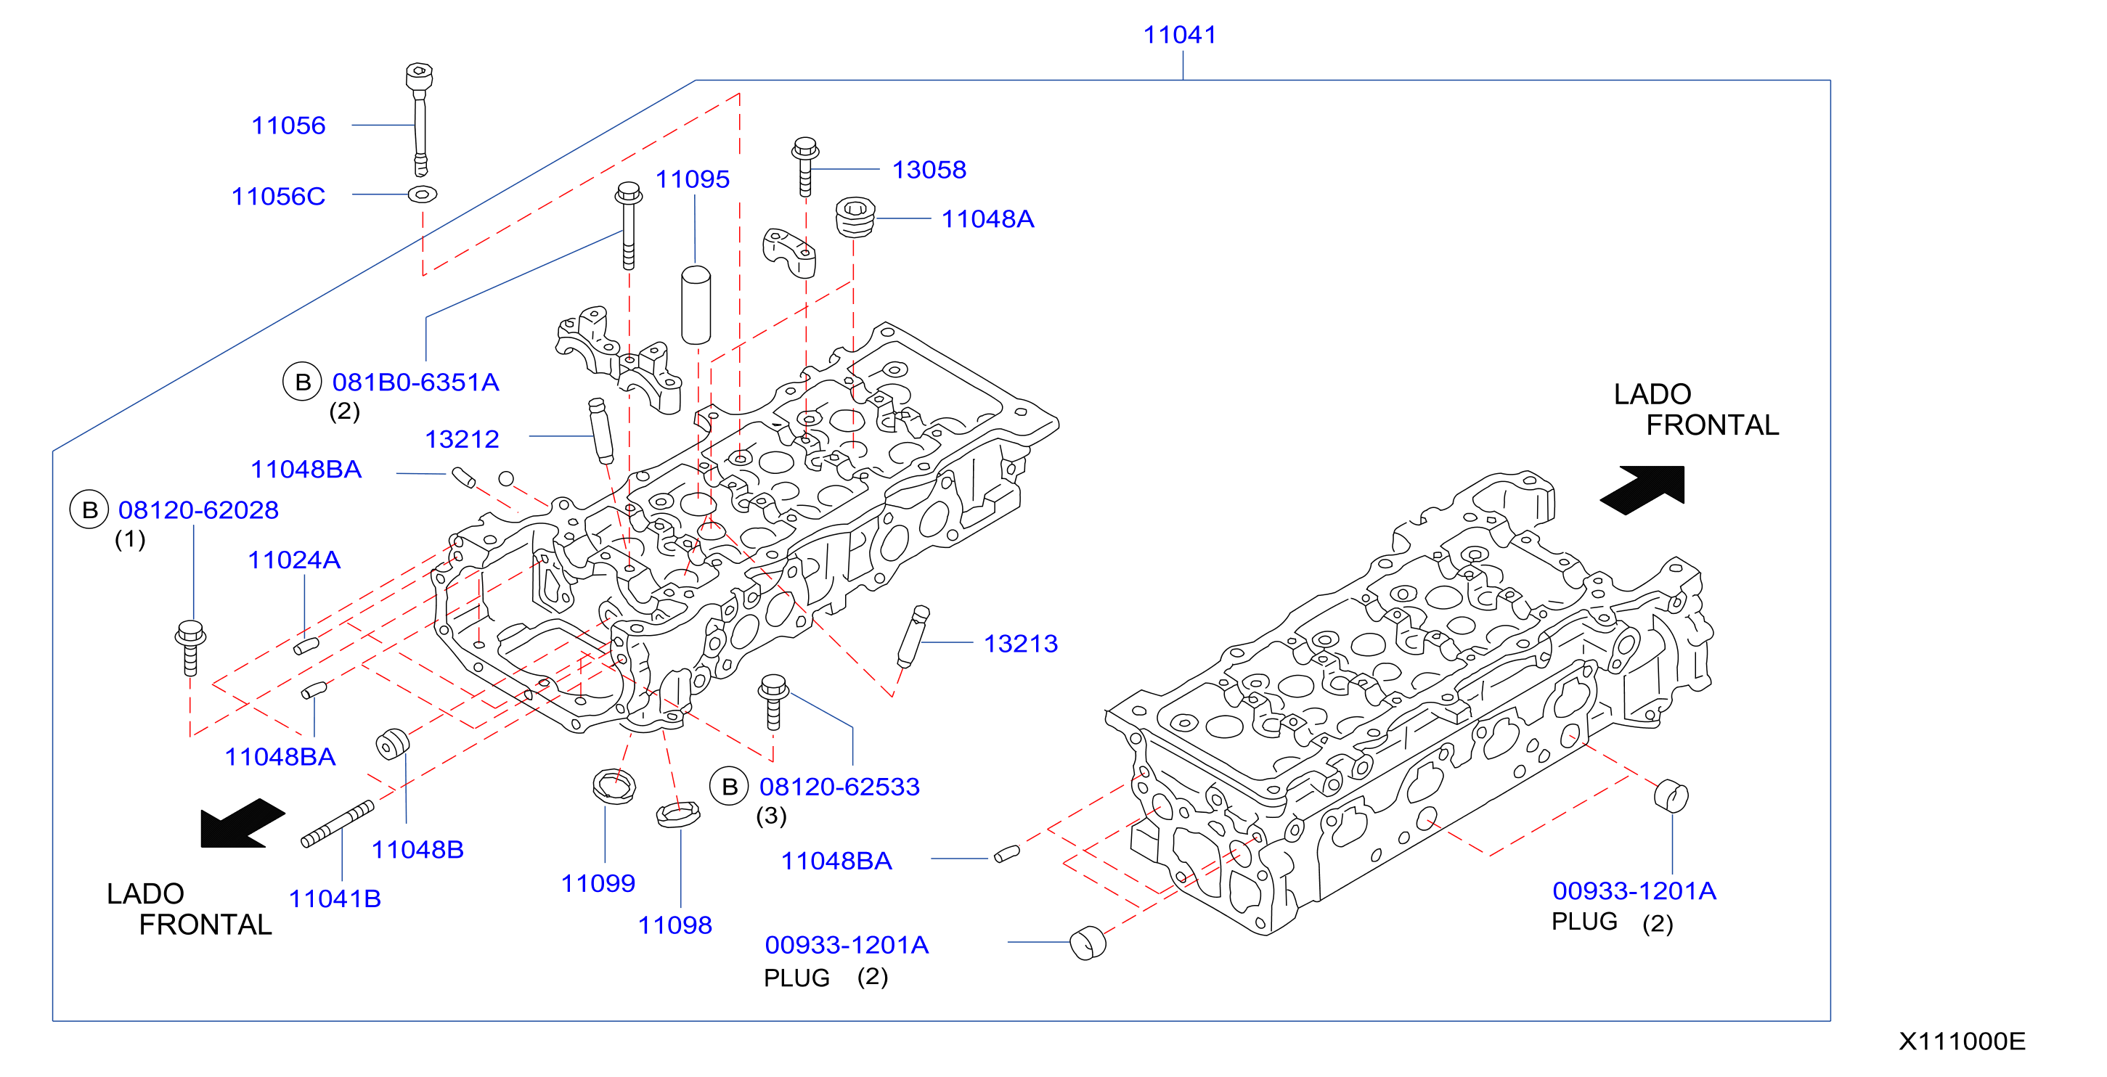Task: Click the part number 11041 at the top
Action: pyautogui.click(x=1179, y=35)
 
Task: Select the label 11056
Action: pyautogui.click(x=288, y=126)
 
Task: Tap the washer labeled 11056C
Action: pyautogui.click(x=422, y=194)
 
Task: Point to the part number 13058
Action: pyautogui.click(x=929, y=170)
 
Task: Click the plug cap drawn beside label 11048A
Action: pyautogui.click(x=855, y=217)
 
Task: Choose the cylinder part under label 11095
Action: pyautogui.click(x=696, y=305)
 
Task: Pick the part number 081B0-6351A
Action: pyautogui.click(x=415, y=382)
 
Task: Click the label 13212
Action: pyautogui.click(x=462, y=440)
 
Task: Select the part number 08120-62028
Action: pyautogui.click(x=199, y=510)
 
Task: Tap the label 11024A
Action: pyautogui.click(x=295, y=560)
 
